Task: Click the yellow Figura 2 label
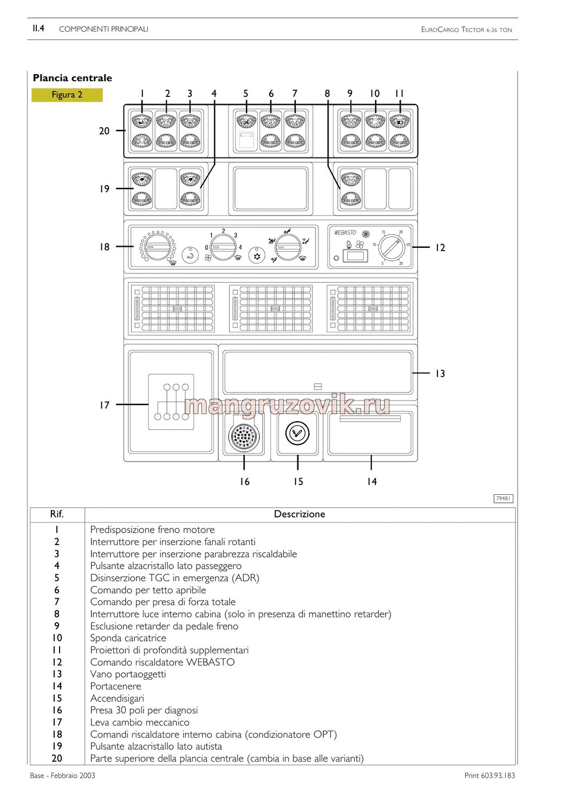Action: tap(67, 95)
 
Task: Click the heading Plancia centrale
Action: tap(73, 78)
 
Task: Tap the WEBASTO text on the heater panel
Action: tap(345, 232)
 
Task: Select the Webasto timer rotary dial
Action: tap(392, 247)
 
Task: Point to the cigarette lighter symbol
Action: tap(297, 433)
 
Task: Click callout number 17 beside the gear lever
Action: tap(105, 405)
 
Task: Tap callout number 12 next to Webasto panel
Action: tap(440, 247)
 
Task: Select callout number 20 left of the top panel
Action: tap(104, 131)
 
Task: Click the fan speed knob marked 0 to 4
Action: tap(223, 247)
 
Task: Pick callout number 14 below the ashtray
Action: tap(371, 481)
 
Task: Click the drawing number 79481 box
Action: tap(503, 499)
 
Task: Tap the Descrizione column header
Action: tap(299, 514)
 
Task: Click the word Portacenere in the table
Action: tap(116, 686)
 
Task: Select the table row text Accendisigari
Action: tap(117, 698)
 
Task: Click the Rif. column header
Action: tap(57, 514)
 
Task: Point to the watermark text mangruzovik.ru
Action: tap(287, 405)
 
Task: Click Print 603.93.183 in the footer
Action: tap(490, 775)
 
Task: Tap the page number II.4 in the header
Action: tap(38, 28)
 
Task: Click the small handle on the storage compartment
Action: tap(318, 387)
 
